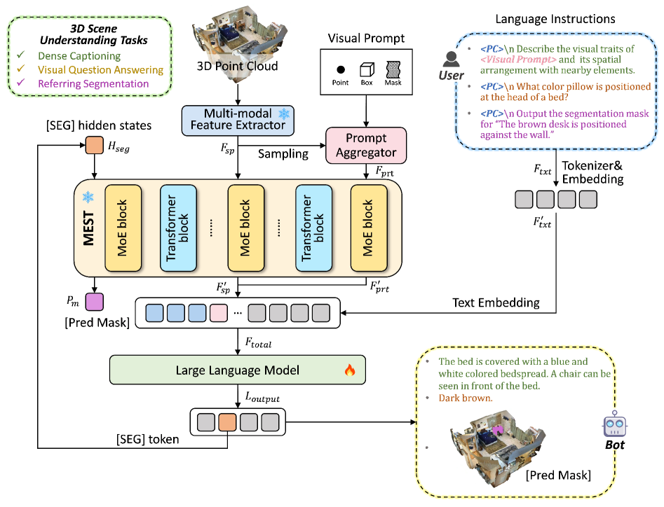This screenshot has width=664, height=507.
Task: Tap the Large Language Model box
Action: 238,370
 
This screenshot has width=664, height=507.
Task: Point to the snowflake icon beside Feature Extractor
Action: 284,113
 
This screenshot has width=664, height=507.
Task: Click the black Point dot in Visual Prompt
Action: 340,70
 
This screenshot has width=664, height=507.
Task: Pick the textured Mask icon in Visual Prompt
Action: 393,69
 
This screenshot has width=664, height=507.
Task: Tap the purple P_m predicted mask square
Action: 94,303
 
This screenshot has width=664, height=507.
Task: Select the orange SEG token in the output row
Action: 228,422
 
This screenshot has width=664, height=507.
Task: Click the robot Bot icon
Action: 614,428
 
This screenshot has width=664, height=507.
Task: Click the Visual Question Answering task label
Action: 100,70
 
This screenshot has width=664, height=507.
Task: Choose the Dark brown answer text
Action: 466,398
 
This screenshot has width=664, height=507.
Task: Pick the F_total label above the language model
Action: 257,344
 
